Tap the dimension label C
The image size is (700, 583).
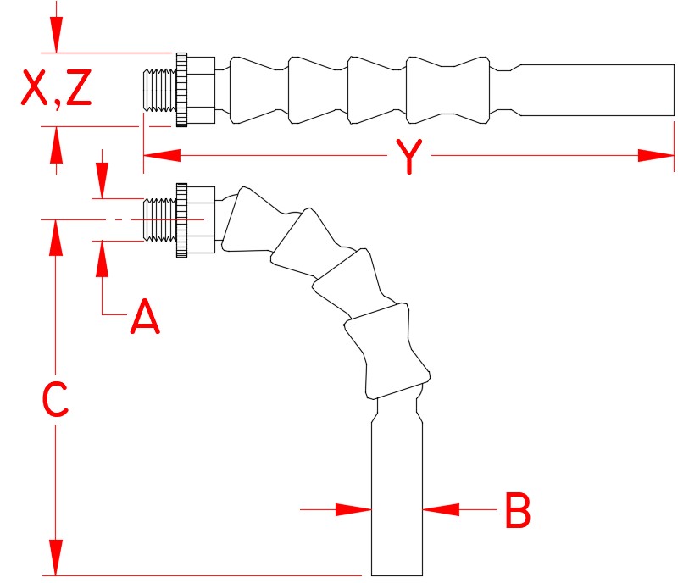point(55,400)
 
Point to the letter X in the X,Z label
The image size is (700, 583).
point(34,91)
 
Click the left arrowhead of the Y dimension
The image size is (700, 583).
point(162,155)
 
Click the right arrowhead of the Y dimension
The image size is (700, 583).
point(656,155)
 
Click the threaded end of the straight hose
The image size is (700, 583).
point(158,89)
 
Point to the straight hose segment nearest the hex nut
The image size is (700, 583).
point(258,89)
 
